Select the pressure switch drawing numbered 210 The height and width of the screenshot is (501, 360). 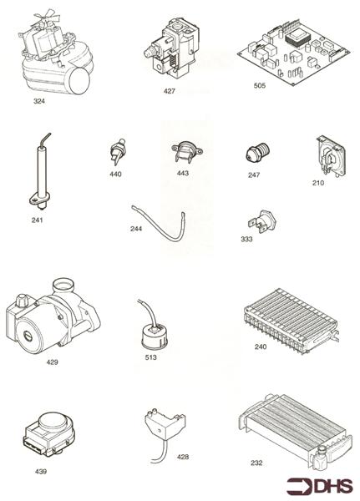tap(327, 154)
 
